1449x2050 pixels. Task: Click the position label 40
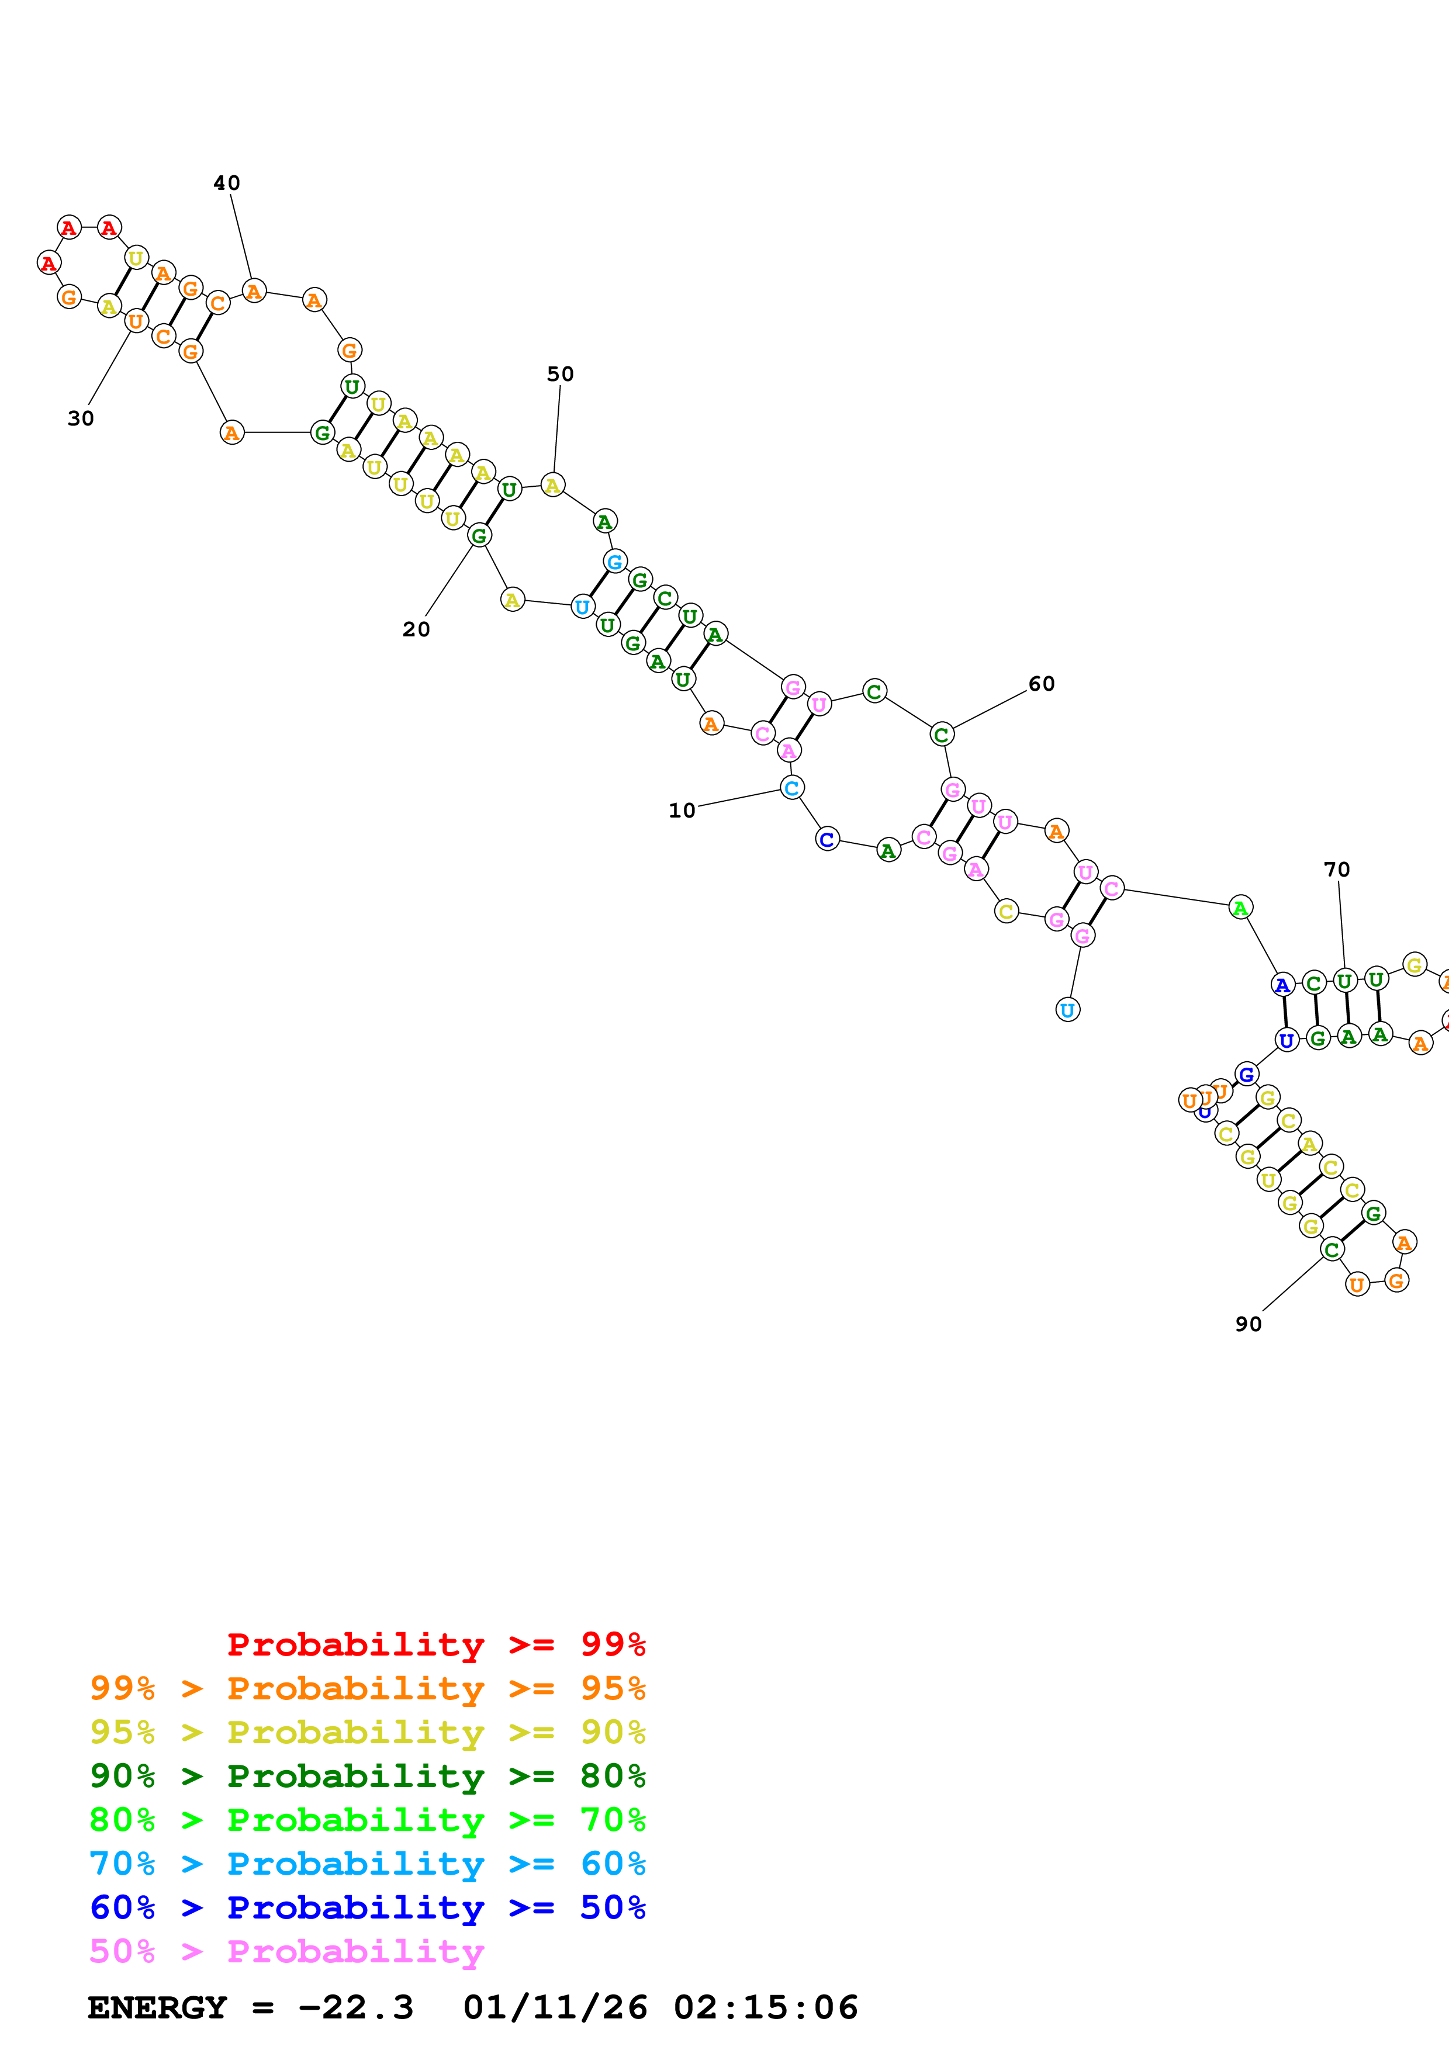tap(227, 183)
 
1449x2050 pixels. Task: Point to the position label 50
tap(560, 374)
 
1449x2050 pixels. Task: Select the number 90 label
tap(1248, 1324)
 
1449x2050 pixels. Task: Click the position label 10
tap(682, 811)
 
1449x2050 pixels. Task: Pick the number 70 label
tap(1337, 870)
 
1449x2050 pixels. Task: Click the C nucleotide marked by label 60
tap(941, 735)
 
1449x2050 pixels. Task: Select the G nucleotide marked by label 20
tap(479, 536)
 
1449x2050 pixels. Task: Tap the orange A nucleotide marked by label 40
tap(254, 291)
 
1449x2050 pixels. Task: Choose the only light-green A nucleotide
tap(1240, 908)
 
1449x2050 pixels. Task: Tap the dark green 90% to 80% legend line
tap(367, 1776)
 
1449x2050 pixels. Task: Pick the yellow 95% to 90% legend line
tap(367, 1732)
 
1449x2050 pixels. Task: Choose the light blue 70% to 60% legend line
tap(367, 1864)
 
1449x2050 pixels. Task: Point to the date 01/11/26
tap(555, 2008)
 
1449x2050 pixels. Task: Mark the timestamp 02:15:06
tap(765, 2008)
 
